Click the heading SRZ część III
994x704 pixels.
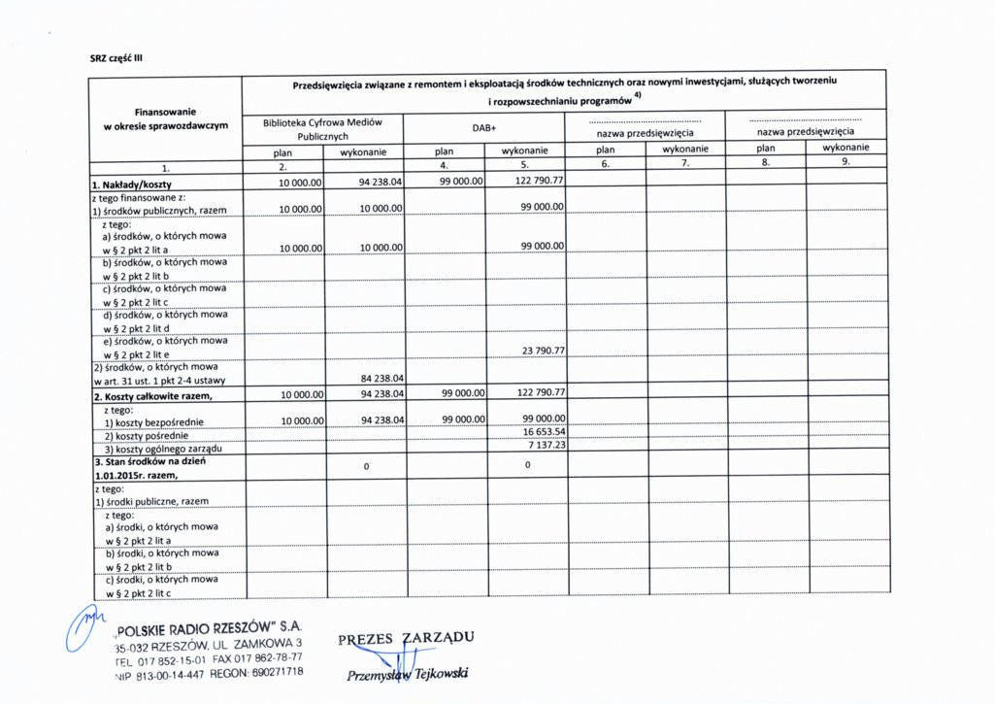(116, 56)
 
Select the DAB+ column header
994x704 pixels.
(483, 128)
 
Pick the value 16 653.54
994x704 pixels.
(544, 431)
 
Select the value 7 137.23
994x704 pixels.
(547, 445)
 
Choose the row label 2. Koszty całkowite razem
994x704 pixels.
(151, 396)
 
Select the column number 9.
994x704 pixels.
(845, 162)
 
